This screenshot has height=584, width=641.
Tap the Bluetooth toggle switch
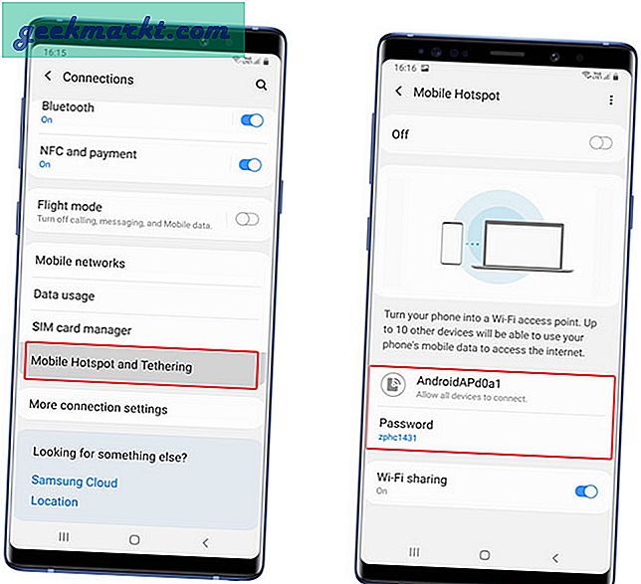point(251,120)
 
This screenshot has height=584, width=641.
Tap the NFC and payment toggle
point(251,165)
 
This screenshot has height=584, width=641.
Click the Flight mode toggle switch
point(246,219)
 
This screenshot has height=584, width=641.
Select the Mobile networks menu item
point(81,263)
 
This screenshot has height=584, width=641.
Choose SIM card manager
point(83,329)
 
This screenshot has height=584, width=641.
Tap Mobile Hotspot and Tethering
point(111,366)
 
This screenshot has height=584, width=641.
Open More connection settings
point(99,408)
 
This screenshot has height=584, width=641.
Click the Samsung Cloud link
point(74,483)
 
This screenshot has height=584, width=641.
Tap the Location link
point(54,501)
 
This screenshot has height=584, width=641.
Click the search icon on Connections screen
point(261,86)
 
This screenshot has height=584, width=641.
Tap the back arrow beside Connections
point(47,77)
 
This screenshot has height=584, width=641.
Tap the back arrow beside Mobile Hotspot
point(399,93)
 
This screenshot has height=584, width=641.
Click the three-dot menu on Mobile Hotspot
point(611,100)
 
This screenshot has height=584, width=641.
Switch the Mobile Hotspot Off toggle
point(600,143)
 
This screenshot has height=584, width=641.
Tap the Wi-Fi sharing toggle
point(586,490)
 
